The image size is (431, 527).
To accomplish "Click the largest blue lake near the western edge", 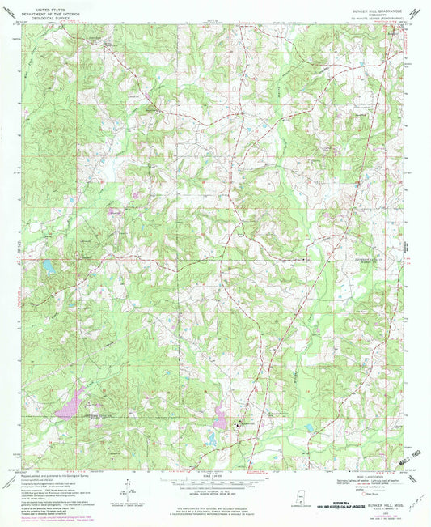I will click(49, 265).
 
